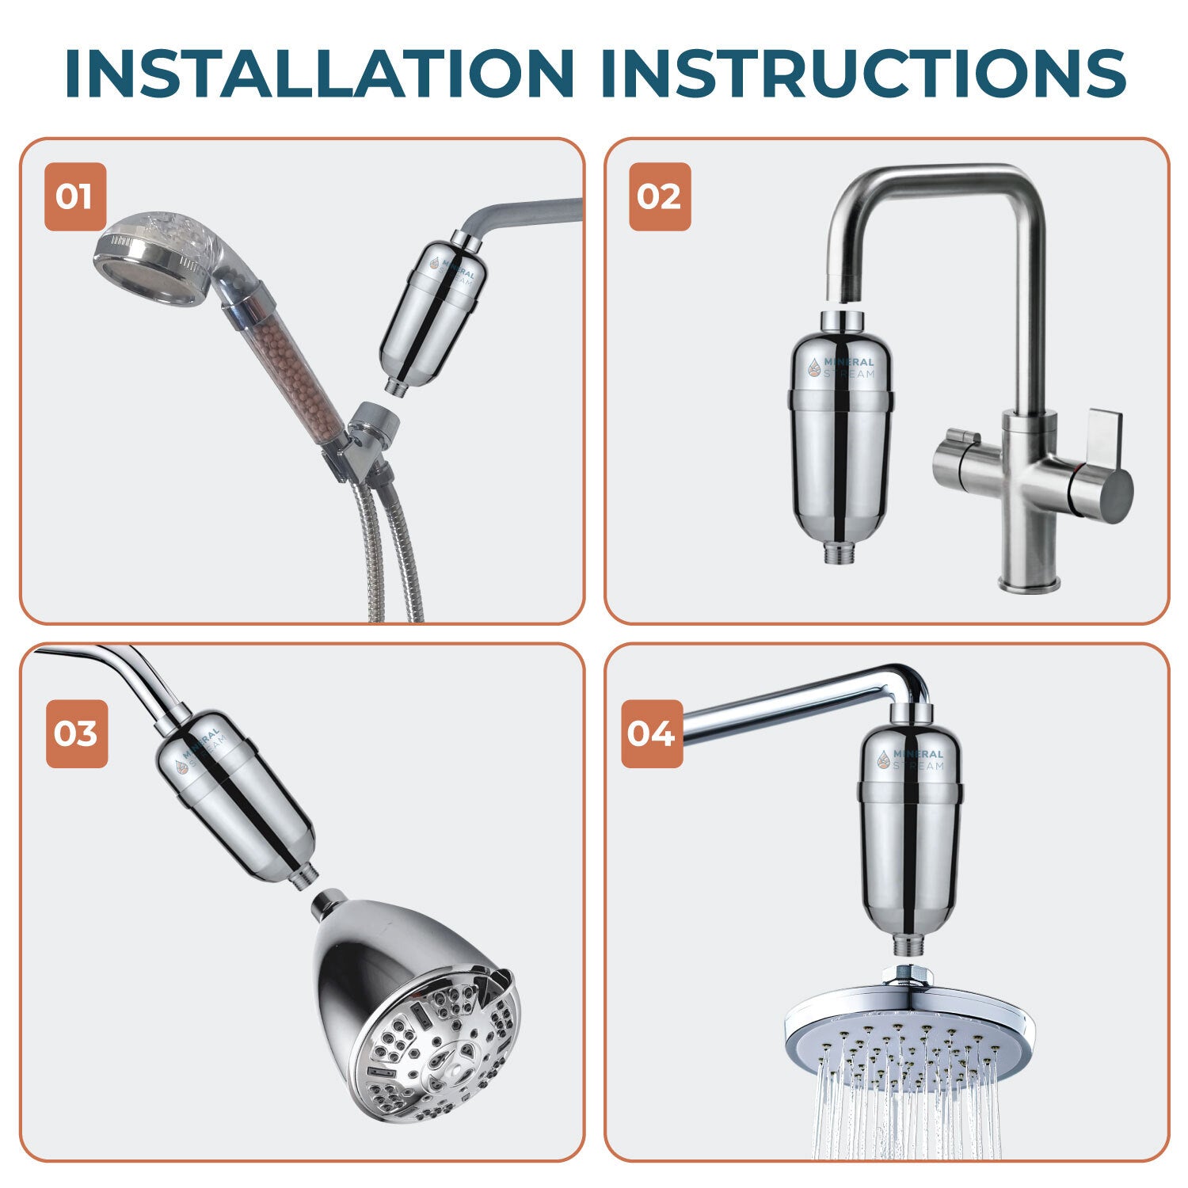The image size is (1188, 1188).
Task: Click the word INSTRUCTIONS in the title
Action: [862, 73]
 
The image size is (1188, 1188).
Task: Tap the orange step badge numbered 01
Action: [75, 196]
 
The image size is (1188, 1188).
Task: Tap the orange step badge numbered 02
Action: [660, 196]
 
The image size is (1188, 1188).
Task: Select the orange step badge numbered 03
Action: [76, 733]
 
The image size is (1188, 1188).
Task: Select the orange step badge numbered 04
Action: [651, 733]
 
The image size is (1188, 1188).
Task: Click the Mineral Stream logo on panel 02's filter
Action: [840, 367]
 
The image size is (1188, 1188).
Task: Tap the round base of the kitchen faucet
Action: [1028, 584]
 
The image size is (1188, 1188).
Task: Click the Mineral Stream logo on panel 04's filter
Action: [911, 759]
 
